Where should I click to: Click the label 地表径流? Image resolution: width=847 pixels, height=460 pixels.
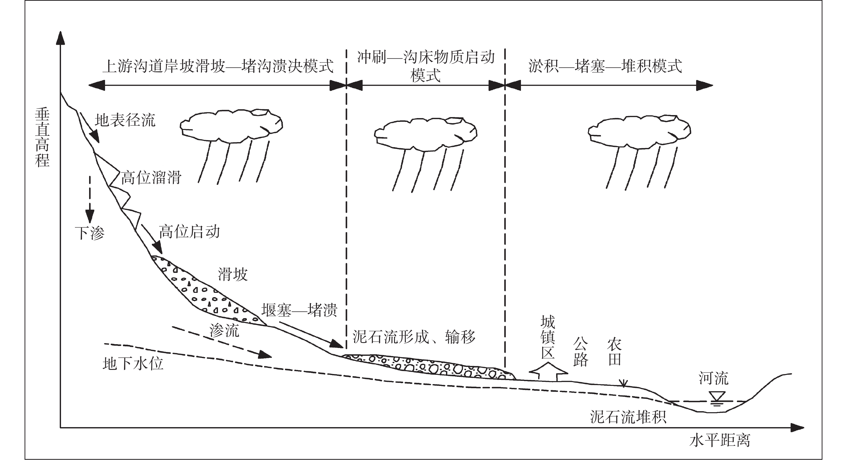(x=125, y=120)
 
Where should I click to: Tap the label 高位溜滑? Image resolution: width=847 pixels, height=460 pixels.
(x=151, y=178)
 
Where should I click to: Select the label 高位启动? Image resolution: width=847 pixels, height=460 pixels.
(x=189, y=232)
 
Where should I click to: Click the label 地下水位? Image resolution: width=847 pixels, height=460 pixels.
(x=133, y=364)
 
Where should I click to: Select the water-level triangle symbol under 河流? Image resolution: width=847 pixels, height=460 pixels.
(x=717, y=397)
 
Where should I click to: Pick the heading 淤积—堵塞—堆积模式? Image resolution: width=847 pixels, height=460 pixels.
(x=605, y=66)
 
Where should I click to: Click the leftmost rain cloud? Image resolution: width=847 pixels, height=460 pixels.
(x=231, y=126)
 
